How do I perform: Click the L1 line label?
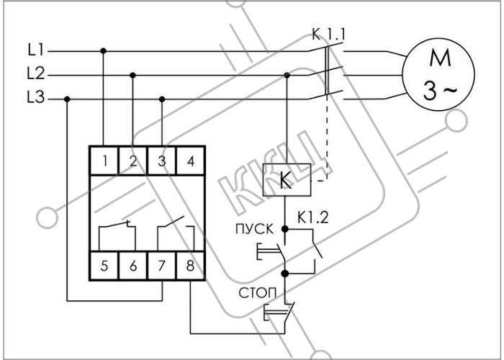point(35,50)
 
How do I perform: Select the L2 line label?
point(36,73)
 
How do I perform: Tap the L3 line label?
point(36,97)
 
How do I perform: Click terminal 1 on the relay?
point(104,161)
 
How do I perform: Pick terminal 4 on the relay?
point(191,161)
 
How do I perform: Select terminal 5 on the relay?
point(104,266)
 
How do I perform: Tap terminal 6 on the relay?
point(133,266)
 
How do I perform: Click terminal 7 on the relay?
point(162,266)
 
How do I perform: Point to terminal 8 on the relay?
point(191,266)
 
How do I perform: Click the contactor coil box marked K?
point(287,180)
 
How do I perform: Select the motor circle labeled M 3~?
point(438,75)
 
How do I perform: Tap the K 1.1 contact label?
point(328,35)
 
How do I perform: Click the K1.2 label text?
point(312,217)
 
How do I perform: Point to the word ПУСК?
point(255,229)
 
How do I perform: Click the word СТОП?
point(258,293)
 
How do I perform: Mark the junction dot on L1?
point(103,51)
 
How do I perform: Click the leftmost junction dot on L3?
point(67,99)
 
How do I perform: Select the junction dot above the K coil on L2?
point(287,75)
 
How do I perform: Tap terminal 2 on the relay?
point(133,161)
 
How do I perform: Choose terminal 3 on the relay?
point(162,161)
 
